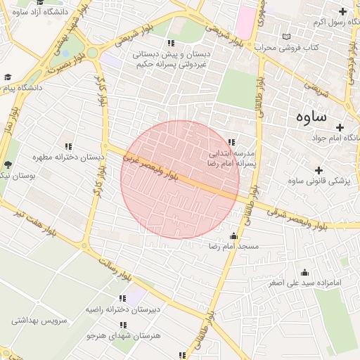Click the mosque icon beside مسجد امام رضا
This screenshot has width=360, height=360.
coord(233,236)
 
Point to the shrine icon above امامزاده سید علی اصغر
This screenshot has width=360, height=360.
coord(304,272)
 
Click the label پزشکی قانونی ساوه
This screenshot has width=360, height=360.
coord(319,181)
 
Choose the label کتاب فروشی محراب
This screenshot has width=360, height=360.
coord(288,48)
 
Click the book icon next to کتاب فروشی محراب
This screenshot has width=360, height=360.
coord(285,37)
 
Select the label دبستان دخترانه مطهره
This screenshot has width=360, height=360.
coord(67,157)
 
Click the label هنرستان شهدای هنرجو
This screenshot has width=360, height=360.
coord(124,335)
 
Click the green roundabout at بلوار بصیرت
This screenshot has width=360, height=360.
coord(92,53)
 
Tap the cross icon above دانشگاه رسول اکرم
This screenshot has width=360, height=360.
coord(342,11)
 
